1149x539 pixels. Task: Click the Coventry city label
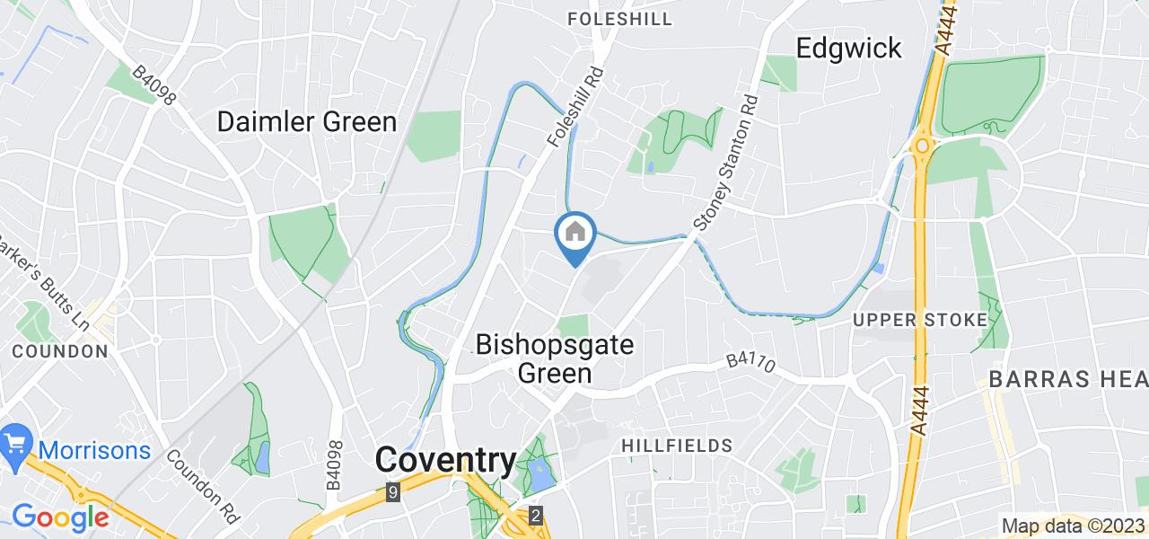pyautogui.click(x=446, y=461)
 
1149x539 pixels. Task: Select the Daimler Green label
pyautogui.click(x=307, y=122)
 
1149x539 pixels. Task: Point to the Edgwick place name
pyautogui.click(x=849, y=48)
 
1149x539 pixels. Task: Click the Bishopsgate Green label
pyautogui.click(x=554, y=358)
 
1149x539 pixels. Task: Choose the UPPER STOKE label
pyautogui.click(x=920, y=320)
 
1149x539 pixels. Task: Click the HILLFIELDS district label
pyautogui.click(x=677, y=446)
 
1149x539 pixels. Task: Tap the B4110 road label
pyautogui.click(x=751, y=361)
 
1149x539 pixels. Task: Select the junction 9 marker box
pyautogui.click(x=392, y=492)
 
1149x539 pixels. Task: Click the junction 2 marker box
pyautogui.click(x=536, y=516)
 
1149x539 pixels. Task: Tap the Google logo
pyautogui.click(x=59, y=517)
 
